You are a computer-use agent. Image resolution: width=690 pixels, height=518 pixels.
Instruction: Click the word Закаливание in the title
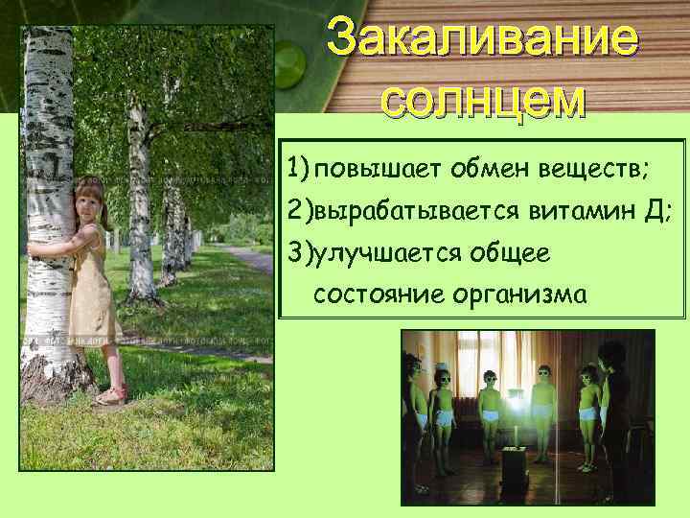(480, 39)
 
